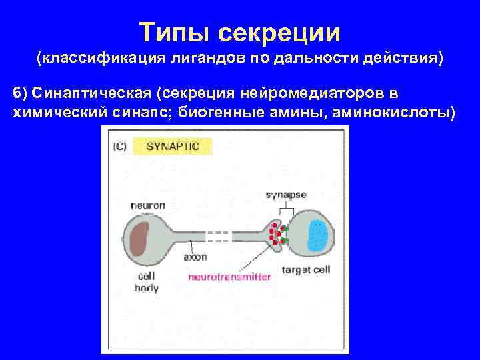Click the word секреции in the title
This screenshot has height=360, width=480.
tap(281, 31)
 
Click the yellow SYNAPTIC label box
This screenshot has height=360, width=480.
tap(173, 146)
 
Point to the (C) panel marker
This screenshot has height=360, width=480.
tap(119, 146)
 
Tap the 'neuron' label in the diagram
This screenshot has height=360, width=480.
tap(148, 205)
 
